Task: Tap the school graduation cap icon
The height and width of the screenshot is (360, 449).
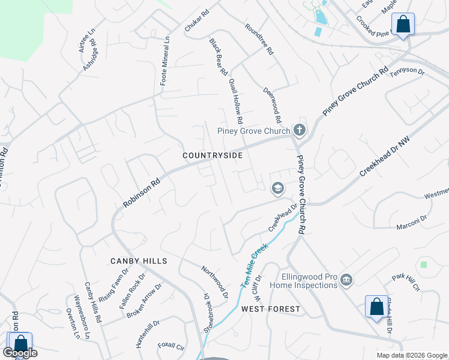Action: (277, 189)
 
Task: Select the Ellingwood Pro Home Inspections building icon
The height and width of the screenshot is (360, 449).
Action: (346, 280)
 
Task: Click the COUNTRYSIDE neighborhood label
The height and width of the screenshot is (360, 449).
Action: (212, 155)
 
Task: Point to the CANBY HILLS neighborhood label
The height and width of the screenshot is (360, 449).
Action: (138, 261)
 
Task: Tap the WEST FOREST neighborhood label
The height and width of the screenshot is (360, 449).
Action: (271, 309)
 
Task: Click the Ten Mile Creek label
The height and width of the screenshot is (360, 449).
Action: (255, 267)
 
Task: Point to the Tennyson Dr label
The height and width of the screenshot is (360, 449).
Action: (407, 72)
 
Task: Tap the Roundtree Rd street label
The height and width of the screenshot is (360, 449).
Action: (259, 40)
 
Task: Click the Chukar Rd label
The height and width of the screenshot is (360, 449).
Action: (196, 20)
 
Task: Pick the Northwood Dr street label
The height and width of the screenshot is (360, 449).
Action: (214, 282)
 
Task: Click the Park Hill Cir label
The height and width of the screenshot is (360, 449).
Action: (406, 283)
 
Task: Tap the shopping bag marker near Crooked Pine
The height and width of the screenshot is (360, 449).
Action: (403, 25)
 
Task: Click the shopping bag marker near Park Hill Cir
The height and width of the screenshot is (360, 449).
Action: (376, 307)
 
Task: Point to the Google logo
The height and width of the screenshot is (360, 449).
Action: (20, 353)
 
